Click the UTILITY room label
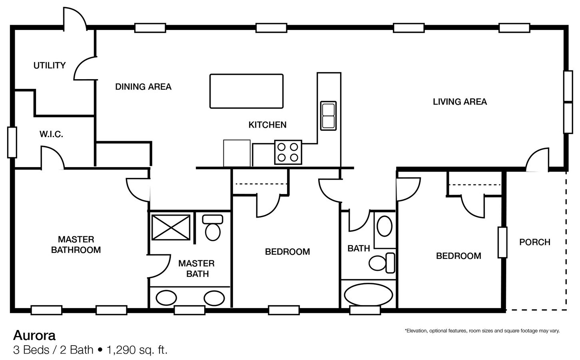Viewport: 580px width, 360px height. pyautogui.click(x=50, y=65)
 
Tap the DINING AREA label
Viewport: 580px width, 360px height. pyautogui.click(x=143, y=86)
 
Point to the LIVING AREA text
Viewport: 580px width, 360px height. pyautogui.click(x=460, y=102)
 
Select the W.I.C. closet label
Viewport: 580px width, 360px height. pyautogui.click(x=51, y=134)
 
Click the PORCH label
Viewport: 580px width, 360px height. pyautogui.click(x=534, y=242)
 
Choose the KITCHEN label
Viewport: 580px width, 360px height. pyautogui.click(x=267, y=125)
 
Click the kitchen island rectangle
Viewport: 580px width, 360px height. pyautogui.click(x=246, y=91)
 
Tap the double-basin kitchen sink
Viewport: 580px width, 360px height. pyautogui.click(x=328, y=116)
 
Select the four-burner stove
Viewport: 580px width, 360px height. pyautogui.click(x=288, y=152)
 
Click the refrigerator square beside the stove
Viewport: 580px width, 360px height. pyautogui.click(x=237, y=153)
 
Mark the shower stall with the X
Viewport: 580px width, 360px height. pyautogui.click(x=171, y=228)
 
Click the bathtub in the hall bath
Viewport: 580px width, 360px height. pyautogui.click(x=368, y=295)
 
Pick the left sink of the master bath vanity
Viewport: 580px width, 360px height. pyautogui.click(x=166, y=298)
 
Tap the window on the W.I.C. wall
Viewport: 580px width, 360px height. pyautogui.click(x=12, y=142)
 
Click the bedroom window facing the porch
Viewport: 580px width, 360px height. pyautogui.click(x=502, y=242)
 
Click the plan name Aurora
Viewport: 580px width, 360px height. pyautogui.click(x=34, y=335)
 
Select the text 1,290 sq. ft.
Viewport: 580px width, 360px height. pyautogui.click(x=137, y=350)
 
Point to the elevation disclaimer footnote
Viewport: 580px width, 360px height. pyautogui.click(x=482, y=331)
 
